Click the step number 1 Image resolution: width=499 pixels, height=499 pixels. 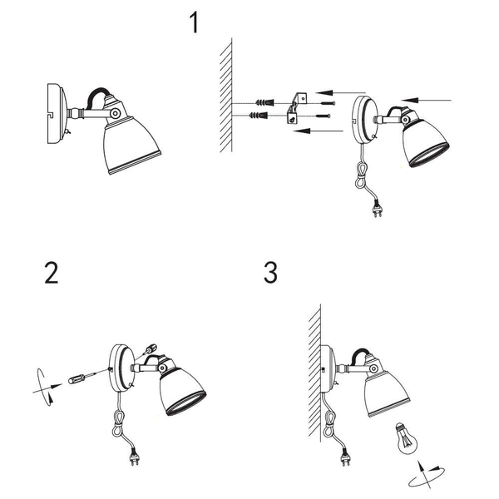(x=195, y=22)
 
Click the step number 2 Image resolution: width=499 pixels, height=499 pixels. (x=52, y=273)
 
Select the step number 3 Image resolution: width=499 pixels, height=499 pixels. (x=270, y=273)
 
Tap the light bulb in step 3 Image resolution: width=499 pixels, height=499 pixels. (x=406, y=438)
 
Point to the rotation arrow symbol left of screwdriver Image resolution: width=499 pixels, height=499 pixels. (x=45, y=388)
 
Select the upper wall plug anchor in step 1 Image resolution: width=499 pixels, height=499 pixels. (x=264, y=102)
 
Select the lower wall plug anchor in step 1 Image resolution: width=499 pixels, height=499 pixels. (x=259, y=115)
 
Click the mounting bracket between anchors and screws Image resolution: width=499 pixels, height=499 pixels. (x=296, y=108)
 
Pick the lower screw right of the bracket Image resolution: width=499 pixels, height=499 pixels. (x=324, y=116)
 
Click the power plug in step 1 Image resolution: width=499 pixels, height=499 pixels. (x=378, y=210)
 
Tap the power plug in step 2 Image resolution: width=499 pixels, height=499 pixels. (x=135, y=457)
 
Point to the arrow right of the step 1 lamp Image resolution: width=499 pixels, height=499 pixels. (x=426, y=101)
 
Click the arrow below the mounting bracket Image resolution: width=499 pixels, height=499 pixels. (x=319, y=131)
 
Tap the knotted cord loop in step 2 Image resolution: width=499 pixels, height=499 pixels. (x=118, y=422)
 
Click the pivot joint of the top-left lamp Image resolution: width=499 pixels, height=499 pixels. (x=115, y=113)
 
